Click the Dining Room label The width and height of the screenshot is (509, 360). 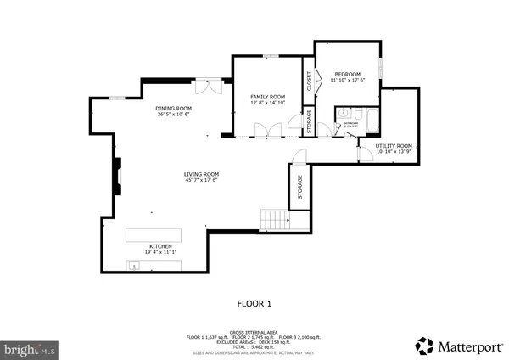tap(174, 108)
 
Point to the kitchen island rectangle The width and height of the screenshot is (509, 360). tap(155, 234)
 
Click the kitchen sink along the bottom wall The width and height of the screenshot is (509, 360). tap(134, 266)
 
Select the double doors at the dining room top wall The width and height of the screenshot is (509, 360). tap(207, 86)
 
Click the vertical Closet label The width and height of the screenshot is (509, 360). tap(309, 81)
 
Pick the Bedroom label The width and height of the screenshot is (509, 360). tap(347, 74)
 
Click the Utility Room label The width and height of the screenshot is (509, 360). tap(394, 146)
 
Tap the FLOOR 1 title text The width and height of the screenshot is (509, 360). tap(254, 302)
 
